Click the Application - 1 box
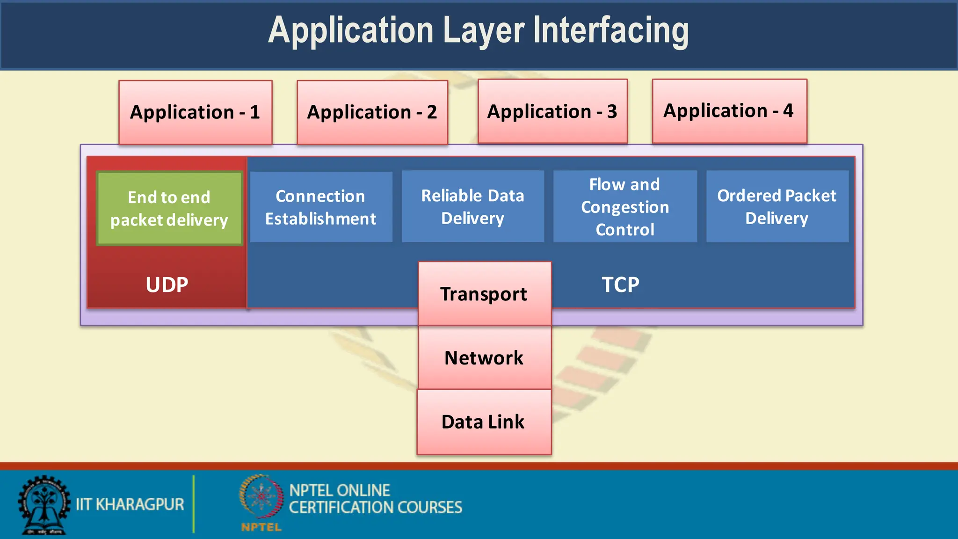(195, 112)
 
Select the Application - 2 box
(372, 112)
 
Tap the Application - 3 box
(552, 111)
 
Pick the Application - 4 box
(729, 111)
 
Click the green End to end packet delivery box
(169, 209)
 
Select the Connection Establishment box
(321, 207)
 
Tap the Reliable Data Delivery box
(472, 207)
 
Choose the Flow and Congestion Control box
(625, 207)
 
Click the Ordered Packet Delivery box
(777, 207)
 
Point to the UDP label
(167, 285)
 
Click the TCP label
(620, 285)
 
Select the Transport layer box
(484, 294)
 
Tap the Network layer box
(484, 358)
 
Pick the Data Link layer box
(484, 422)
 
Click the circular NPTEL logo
(261, 497)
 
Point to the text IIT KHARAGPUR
(130, 504)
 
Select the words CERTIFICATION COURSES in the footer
(376, 508)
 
